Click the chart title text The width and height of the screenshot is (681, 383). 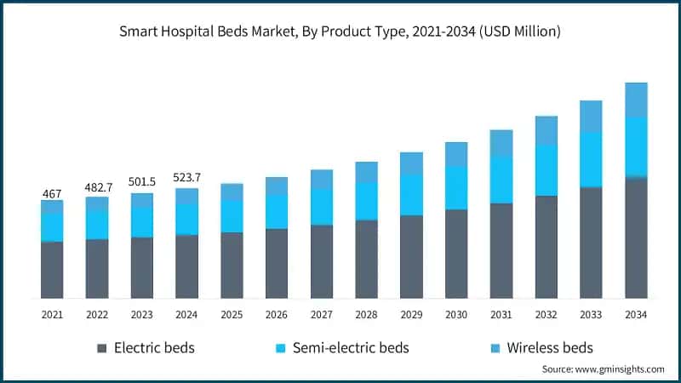pyautogui.click(x=340, y=32)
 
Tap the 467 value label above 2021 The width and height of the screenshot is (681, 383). pyautogui.click(x=52, y=194)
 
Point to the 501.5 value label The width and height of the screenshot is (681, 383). pyautogui.click(x=142, y=182)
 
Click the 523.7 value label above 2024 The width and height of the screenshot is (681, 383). pyautogui.click(x=187, y=178)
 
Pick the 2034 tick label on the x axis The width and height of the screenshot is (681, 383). pyautogui.click(x=636, y=315)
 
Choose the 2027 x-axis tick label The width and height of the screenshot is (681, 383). pyautogui.click(x=322, y=315)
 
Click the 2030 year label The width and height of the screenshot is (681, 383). pyautogui.click(x=456, y=315)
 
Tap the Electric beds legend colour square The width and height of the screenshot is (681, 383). pyautogui.click(x=102, y=348)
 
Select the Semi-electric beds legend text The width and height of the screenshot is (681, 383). pyautogui.click(x=351, y=348)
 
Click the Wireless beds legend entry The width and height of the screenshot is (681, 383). pyautogui.click(x=549, y=348)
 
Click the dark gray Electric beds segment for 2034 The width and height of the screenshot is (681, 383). pyautogui.click(x=636, y=238)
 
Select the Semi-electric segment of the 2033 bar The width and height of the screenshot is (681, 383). pyautogui.click(x=591, y=159)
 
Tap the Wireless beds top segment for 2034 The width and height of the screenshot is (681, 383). pyautogui.click(x=636, y=100)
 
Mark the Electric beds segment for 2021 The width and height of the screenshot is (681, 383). pyautogui.click(x=52, y=270)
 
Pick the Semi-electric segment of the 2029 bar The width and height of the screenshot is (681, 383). pyautogui.click(x=411, y=195)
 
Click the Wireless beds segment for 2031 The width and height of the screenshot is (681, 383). pyautogui.click(x=501, y=143)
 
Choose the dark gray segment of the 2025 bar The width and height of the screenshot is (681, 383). pyautogui.click(x=232, y=265)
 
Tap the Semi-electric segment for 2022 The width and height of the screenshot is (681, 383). pyautogui.click(x=97, y=224)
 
